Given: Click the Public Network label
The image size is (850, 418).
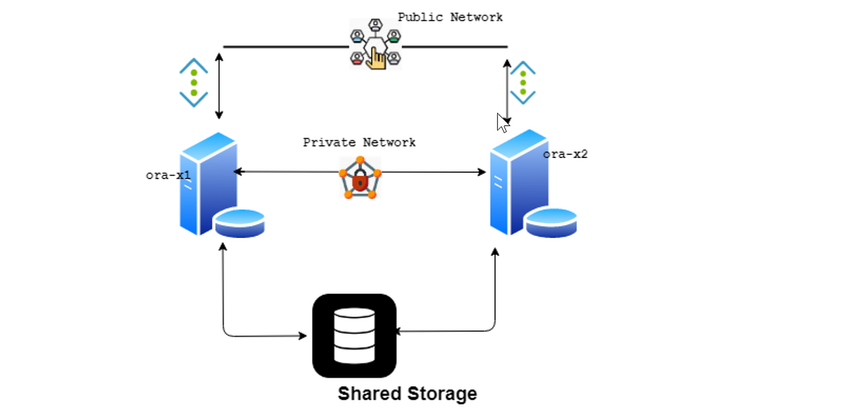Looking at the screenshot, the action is tap(450, 17).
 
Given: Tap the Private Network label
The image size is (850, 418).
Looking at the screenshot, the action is tap(359, 142).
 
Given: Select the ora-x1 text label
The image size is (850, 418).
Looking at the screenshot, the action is tap(168, 175).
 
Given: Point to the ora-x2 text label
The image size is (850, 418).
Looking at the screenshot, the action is tap(565, 154).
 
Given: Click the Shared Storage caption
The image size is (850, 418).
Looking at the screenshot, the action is tap(407, 394).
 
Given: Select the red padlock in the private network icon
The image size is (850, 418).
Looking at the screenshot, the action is tap(360, 180).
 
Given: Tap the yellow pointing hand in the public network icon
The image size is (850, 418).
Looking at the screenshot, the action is tap(376, 59).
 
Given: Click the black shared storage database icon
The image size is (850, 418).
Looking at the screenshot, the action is tap(354, 336).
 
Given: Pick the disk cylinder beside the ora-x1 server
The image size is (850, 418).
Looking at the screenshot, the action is tap(240, 223).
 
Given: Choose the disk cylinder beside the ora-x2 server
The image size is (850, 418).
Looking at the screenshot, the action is tap(551, 223).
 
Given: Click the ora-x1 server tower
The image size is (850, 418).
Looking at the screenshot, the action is tap(208, 183).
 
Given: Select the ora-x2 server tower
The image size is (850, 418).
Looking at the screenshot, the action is tap(519, 182).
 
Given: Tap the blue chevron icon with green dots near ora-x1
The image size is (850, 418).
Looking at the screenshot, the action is tap(194, 82).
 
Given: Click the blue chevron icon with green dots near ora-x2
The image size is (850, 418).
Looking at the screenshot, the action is tap(523, 82).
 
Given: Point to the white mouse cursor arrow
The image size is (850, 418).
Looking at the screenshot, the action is tap(503, 123).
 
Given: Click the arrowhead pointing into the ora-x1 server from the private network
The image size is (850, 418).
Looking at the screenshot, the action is tap(238, 171).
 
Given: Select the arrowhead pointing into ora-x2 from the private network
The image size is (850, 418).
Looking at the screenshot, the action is tap(482, 172).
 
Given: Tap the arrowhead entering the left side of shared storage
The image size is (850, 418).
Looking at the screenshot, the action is tap(303, 336).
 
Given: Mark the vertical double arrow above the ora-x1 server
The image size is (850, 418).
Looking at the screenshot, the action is tap(219, 86).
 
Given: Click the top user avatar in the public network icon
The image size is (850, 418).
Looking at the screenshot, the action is tap(375, 25).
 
